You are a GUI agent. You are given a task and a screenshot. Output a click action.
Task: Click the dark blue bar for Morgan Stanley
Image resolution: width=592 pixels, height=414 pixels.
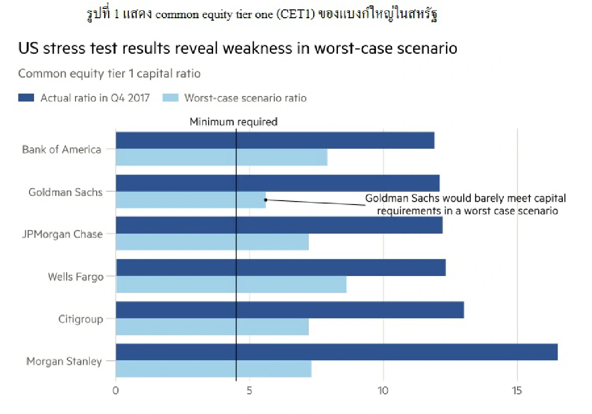tap(336, 352)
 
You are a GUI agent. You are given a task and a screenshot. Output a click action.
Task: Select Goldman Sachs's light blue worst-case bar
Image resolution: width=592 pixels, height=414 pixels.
tap(190, 200)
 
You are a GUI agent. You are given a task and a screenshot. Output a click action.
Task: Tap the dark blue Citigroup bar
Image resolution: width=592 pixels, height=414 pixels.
tap(290, 310)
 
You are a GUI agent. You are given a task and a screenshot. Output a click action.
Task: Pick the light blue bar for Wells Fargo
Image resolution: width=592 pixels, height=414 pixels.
tap(231, 284)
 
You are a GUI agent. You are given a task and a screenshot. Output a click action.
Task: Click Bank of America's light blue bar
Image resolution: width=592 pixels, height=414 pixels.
tap(222, 157)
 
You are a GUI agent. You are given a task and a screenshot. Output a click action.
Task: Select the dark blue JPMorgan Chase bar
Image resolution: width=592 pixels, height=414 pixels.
tap(279, 225)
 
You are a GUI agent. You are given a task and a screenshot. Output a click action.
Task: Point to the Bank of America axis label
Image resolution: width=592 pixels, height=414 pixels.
tap(62, 149)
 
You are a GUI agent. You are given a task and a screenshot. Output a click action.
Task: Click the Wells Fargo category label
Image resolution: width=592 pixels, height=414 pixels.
tap(75, 276)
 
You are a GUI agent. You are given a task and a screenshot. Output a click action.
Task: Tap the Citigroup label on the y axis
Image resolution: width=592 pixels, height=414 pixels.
tap(80, 319)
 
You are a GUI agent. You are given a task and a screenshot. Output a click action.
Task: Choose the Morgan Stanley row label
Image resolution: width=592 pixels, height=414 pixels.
tap(64, 361)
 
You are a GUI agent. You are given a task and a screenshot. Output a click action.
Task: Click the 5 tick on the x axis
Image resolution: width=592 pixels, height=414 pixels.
tap(250, 390)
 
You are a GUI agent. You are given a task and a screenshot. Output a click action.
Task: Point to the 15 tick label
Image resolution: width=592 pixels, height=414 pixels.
tap(517, 390)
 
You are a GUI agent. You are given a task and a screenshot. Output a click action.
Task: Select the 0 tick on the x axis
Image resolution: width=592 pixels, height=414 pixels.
tap(116, 390)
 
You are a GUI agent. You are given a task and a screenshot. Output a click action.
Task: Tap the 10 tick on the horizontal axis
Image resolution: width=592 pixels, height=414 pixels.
tap(383, 390)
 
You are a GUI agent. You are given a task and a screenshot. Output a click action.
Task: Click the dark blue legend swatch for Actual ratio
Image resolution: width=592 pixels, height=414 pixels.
tap(26, 98)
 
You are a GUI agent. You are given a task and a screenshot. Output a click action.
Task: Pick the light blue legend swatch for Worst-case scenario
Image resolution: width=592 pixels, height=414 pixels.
tap(170, 98)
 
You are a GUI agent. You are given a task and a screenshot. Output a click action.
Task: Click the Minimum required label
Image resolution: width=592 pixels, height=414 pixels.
tap(234, 121)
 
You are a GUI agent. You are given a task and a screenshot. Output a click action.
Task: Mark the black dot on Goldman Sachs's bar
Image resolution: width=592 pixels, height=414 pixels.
tap(265, 200)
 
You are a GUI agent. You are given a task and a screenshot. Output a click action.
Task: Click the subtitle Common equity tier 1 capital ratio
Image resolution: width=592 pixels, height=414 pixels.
tap(109, 73)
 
